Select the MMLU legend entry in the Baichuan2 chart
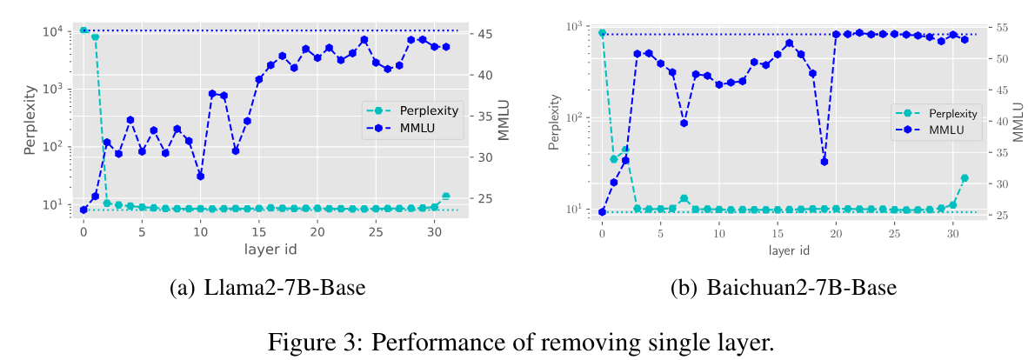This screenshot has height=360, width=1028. tap(952, 130)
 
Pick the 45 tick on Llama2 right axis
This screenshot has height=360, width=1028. tap(485, 34)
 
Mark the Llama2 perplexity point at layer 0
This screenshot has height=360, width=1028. tap(83, 30)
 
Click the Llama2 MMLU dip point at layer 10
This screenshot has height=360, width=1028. tap(200, 176)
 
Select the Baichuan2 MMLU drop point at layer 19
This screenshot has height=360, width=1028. tap(824, 161)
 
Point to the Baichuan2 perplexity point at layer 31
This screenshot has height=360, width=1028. tap(965, 178)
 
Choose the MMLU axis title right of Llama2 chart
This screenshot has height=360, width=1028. tap(504, 122)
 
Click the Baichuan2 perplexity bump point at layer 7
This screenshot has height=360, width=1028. tap(684, 198)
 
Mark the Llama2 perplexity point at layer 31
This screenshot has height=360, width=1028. tap(446, 197)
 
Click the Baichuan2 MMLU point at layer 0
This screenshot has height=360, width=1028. tap(602, 211)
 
